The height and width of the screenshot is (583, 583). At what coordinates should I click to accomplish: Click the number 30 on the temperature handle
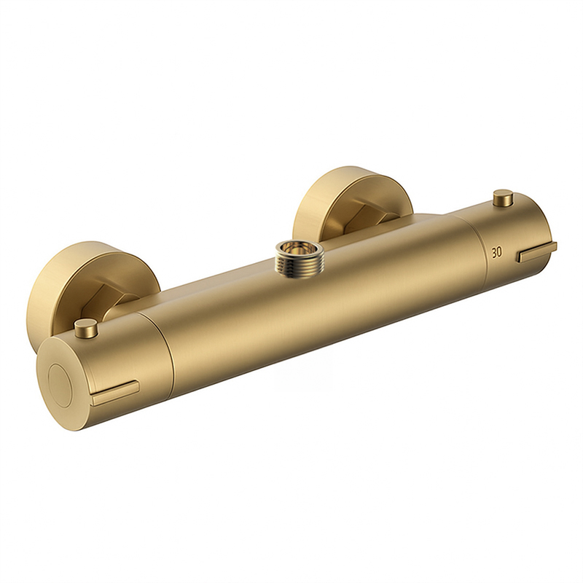(497, 252)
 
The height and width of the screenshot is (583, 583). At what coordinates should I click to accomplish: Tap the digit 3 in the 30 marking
(494, 253)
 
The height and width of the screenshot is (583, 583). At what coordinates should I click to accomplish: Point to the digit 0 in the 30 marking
(500, 252)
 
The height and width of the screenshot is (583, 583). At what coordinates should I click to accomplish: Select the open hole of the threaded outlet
(297, 249)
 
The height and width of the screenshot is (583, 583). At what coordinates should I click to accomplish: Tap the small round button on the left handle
(85, 327)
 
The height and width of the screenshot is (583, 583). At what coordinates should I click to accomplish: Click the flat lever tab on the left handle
(116, 393)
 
